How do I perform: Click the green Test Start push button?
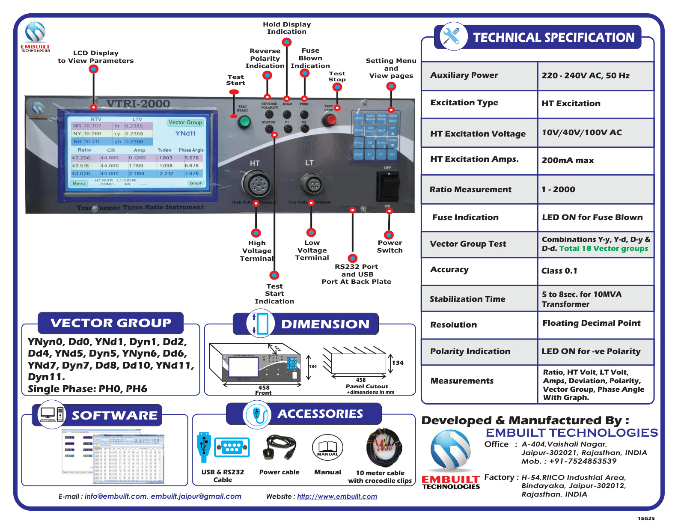(244, 122)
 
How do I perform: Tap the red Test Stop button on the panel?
(329, 120)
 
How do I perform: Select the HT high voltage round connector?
(256, 185)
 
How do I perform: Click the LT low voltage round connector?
(311, 185)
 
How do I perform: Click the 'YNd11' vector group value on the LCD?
(185, 133)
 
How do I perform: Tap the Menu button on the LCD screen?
(79, 183)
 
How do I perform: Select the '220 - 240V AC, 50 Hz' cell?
(585, 76)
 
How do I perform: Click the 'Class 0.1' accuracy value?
(559, 271)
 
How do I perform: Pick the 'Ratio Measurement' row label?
(470, 189)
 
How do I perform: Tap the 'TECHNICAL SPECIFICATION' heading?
(553, 38)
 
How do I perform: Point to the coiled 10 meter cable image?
(384, 448)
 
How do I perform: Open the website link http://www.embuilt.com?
(337, 496)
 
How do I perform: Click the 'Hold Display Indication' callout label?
(287, 28)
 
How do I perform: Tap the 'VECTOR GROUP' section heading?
(110, 323)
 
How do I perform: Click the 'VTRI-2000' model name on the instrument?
(138, 104)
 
